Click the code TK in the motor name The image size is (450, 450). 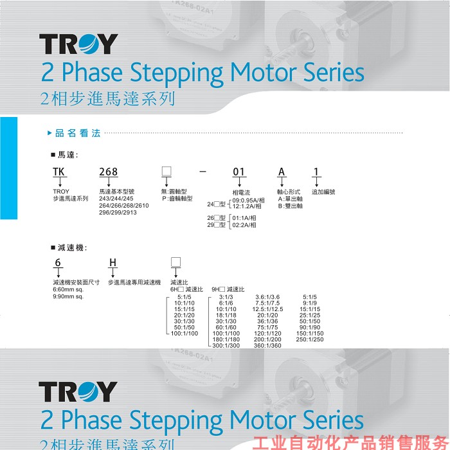click(59, 172)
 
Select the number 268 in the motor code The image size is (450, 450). click(108, 172)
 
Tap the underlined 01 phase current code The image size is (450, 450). click(239, 172)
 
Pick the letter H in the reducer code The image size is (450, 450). click(113, 262)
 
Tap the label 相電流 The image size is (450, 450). click(241, 192)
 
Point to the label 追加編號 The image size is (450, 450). click(323, 192)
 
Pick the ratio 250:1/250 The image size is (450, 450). click(311, 339)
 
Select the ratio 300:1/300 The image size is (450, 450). click(226, 345)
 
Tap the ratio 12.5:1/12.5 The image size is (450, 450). click(267, 309)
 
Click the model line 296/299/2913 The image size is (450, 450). click(118, 213)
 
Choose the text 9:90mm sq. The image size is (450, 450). click(68, 296)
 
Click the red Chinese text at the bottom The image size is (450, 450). click(350, 443)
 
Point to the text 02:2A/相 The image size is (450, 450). click(244, 225)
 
